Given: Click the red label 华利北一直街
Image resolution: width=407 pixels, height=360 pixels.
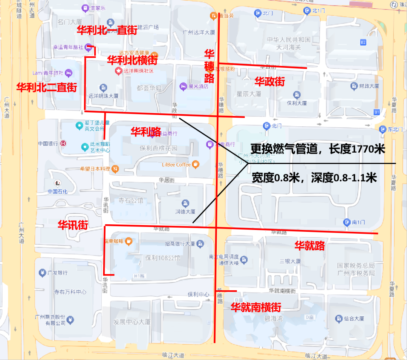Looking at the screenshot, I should click(107, 31).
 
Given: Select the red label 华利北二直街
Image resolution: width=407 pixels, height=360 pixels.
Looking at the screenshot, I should click(46, 87).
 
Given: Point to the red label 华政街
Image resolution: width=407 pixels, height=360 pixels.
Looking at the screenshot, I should click(269, 81).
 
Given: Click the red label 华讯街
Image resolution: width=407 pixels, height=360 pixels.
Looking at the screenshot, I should click(73, 225).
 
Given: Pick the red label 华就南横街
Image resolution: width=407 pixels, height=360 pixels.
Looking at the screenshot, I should click(256, 307).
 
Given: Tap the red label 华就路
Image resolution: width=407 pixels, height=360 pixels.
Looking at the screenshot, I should click(309, 246).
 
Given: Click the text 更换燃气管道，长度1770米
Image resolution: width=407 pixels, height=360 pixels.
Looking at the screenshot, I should click(318, 149).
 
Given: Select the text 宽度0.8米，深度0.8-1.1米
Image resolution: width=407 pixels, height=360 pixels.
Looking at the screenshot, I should click(314, 178).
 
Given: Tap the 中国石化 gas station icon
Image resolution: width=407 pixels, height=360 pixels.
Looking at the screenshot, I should click(58, 183).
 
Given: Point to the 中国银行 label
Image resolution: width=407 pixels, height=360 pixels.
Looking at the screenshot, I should click(47, 143).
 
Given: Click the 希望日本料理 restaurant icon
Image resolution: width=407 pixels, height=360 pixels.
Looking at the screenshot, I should click(115, 169).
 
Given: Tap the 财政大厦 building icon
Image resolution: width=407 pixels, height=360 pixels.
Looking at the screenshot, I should click(354, 86).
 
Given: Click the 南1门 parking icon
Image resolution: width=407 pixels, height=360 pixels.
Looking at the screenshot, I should click(347, 222).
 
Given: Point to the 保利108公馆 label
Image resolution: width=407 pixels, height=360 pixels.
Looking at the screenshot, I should click(163, 258).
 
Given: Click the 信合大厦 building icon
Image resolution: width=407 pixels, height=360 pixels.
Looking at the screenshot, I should click(338, 319).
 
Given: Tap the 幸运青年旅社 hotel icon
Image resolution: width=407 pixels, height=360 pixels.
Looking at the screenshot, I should click(88, 47).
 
